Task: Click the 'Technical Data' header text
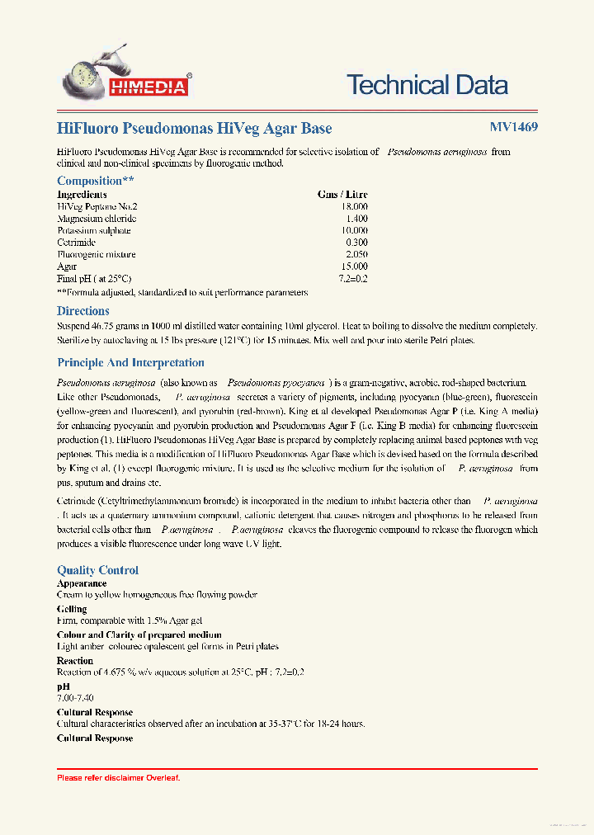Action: [427, 84]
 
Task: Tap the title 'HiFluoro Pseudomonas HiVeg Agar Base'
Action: [195, 128]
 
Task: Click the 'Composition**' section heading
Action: [95, 181]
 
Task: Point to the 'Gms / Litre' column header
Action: [342, 195]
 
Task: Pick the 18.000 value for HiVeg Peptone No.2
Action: [355, 206]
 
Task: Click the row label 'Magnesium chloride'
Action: [97, 219]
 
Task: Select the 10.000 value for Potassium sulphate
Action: [355, 230]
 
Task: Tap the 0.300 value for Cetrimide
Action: [357, 243]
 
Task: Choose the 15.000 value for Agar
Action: [355, 267]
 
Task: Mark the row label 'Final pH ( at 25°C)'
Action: [94, 279]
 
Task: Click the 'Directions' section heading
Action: [82, 311]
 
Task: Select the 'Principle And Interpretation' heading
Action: [130, 362]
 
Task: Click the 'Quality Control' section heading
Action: [97, 570]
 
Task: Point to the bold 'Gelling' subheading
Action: [72, 609]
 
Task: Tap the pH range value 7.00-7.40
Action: [75, 698]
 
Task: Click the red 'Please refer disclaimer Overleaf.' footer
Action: [118, 778]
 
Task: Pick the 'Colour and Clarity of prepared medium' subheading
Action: [139, 635]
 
